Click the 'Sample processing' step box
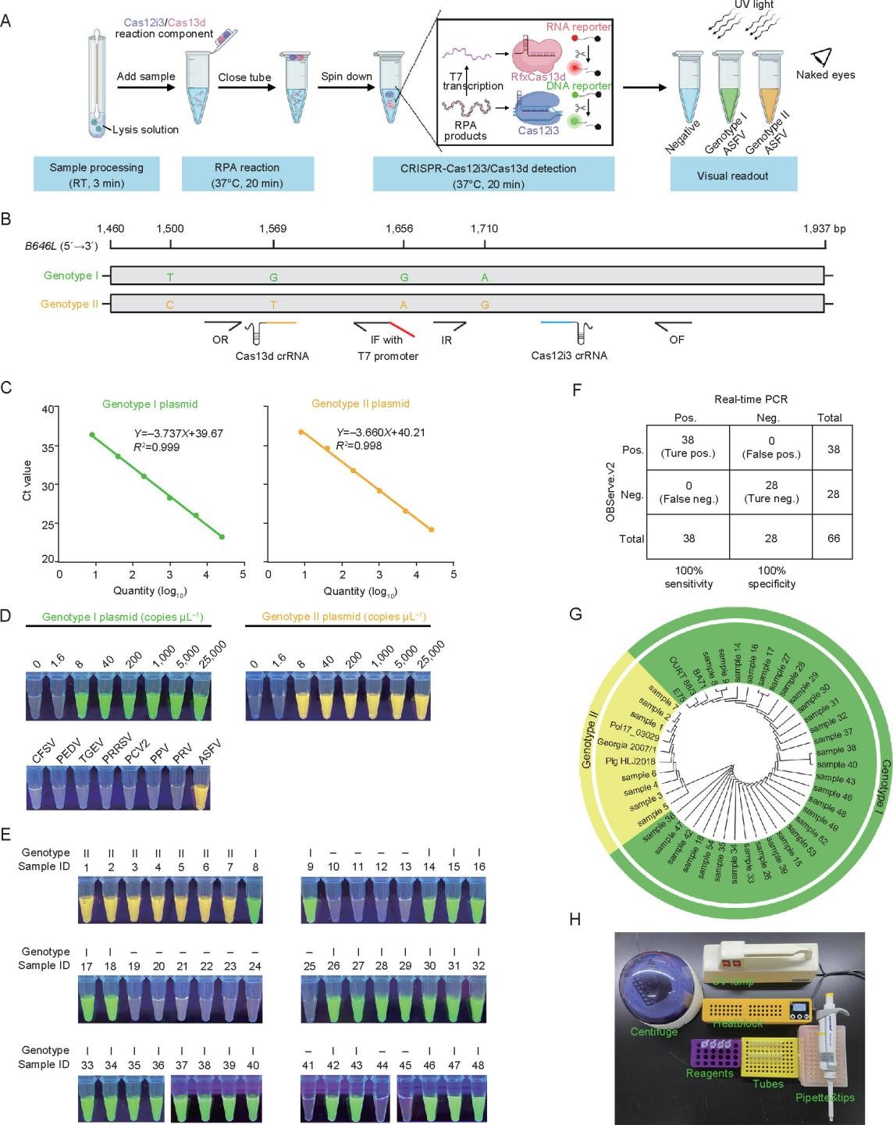(x=96, y=174)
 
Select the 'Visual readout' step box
(x=733, y=174)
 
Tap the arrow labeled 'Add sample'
(x=146, y=87)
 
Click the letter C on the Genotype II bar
(x=170, y=304)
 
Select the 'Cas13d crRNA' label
(x=272, y=356)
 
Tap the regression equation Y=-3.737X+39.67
(x=179, y=433)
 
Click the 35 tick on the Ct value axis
(x=48, y=448)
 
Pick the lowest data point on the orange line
(x=432, y=529)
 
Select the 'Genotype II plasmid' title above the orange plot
(x=360, y=404)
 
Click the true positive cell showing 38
(x=687, y=447)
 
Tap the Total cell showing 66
(x=833, y=538)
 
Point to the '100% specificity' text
(x=771, y=577)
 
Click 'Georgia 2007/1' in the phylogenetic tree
(x=627, y=746)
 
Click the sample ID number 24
(x=254, y=967)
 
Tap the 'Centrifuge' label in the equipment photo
(x=653, y=1032)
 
